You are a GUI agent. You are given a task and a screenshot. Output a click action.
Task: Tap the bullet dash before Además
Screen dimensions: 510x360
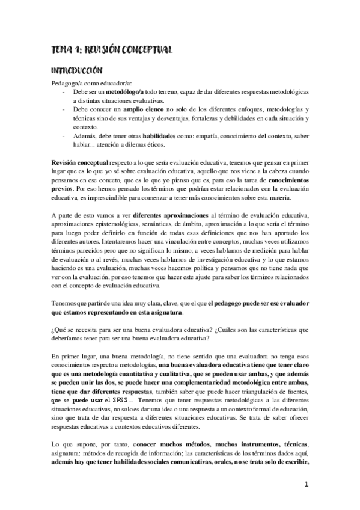pos(64,137)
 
